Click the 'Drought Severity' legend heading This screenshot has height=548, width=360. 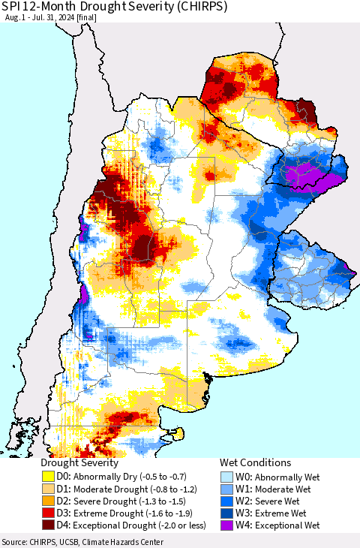[79, 463]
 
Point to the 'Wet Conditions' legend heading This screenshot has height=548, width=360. [255, 463]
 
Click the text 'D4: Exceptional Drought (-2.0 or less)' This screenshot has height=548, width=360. [127, 525]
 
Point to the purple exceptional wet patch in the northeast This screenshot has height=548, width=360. [307, 177]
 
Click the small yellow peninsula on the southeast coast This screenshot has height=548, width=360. [178, 433]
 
